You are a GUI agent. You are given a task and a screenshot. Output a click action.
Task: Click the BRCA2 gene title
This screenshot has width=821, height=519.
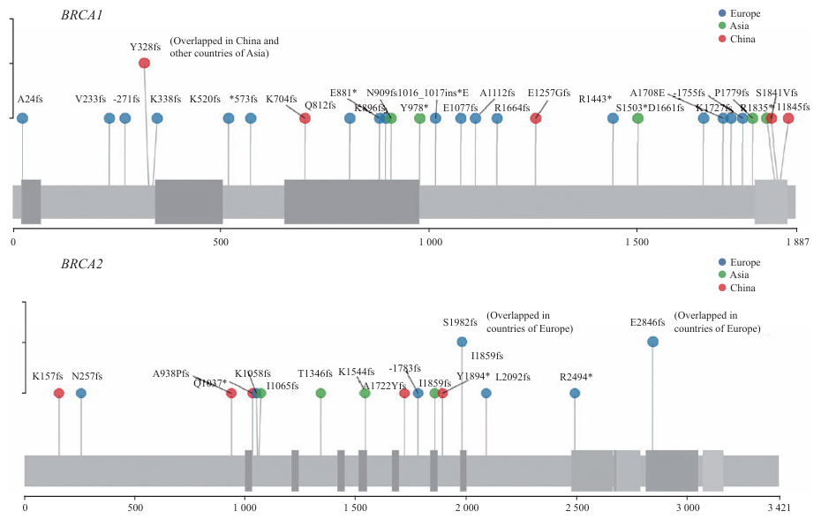pyautogui.click(x=82, y=264)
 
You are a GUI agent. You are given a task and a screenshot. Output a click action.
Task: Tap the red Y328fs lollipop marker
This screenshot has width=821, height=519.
pyautogui.click(x=145, y=63)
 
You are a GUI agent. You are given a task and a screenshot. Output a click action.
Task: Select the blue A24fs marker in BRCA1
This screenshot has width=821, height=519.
pyautogui.click(x=22, y=118)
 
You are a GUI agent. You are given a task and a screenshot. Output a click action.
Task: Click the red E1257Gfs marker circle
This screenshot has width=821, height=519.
pyautogui.click(x=536, y=118)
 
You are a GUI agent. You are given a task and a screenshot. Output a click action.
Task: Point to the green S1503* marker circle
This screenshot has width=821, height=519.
pyautogui.click(x=637, y=118)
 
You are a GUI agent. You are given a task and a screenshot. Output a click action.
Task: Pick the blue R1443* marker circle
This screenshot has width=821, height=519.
pyautogui.click(x=614, y=118)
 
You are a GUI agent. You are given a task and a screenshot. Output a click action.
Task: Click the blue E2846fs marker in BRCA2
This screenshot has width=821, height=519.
pyautogui.click(x=652, y=342)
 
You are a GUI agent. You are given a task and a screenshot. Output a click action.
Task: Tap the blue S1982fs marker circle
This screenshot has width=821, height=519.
pyautogui.click(x=462, y=342)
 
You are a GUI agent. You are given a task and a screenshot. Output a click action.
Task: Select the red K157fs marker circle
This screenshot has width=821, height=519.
pyautogui.click(x=59, y=393)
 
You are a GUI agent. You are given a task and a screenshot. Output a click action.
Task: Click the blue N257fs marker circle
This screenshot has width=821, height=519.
pyautogui.click(x=81, y=393)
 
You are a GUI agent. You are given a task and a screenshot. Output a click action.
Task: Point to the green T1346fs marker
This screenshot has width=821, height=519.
pyautogui.click(x=320, y=393)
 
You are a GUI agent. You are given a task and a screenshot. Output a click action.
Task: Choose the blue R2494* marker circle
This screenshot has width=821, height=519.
pyautogui.click(x=575, y=393)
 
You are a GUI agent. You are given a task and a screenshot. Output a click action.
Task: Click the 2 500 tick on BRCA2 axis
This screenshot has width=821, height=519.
pyautogui.click(x=576, y=508)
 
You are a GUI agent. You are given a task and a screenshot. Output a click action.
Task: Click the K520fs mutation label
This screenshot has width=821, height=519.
pyautogui.click(x=204, y=99)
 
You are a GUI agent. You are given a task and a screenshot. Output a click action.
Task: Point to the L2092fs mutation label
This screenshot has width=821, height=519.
pyautogui.click(x=512, y=377)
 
